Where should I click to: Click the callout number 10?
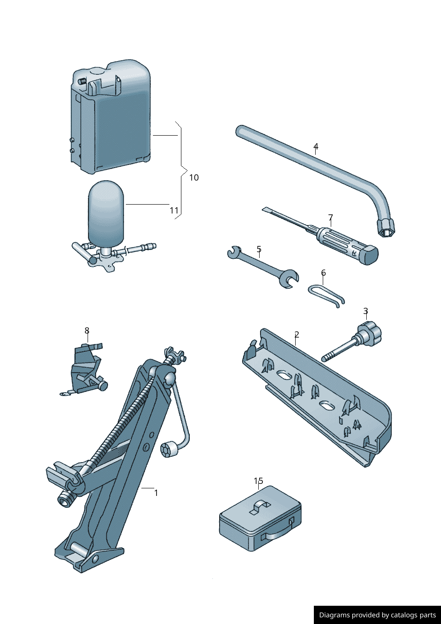coord(194,177)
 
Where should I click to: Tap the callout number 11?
coord(174,210)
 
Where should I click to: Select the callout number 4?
coord(316,146)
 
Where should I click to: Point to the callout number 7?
coord(330,217)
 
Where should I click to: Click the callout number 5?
coord(259,250)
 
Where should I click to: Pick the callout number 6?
coord(323,273)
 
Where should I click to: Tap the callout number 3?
coord(365,311)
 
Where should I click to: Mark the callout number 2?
coord(297,334)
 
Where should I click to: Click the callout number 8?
coord(87,330)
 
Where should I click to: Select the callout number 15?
coord(258,481)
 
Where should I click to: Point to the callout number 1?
coord(156,493)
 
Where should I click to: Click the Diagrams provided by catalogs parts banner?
coord(377,615)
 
